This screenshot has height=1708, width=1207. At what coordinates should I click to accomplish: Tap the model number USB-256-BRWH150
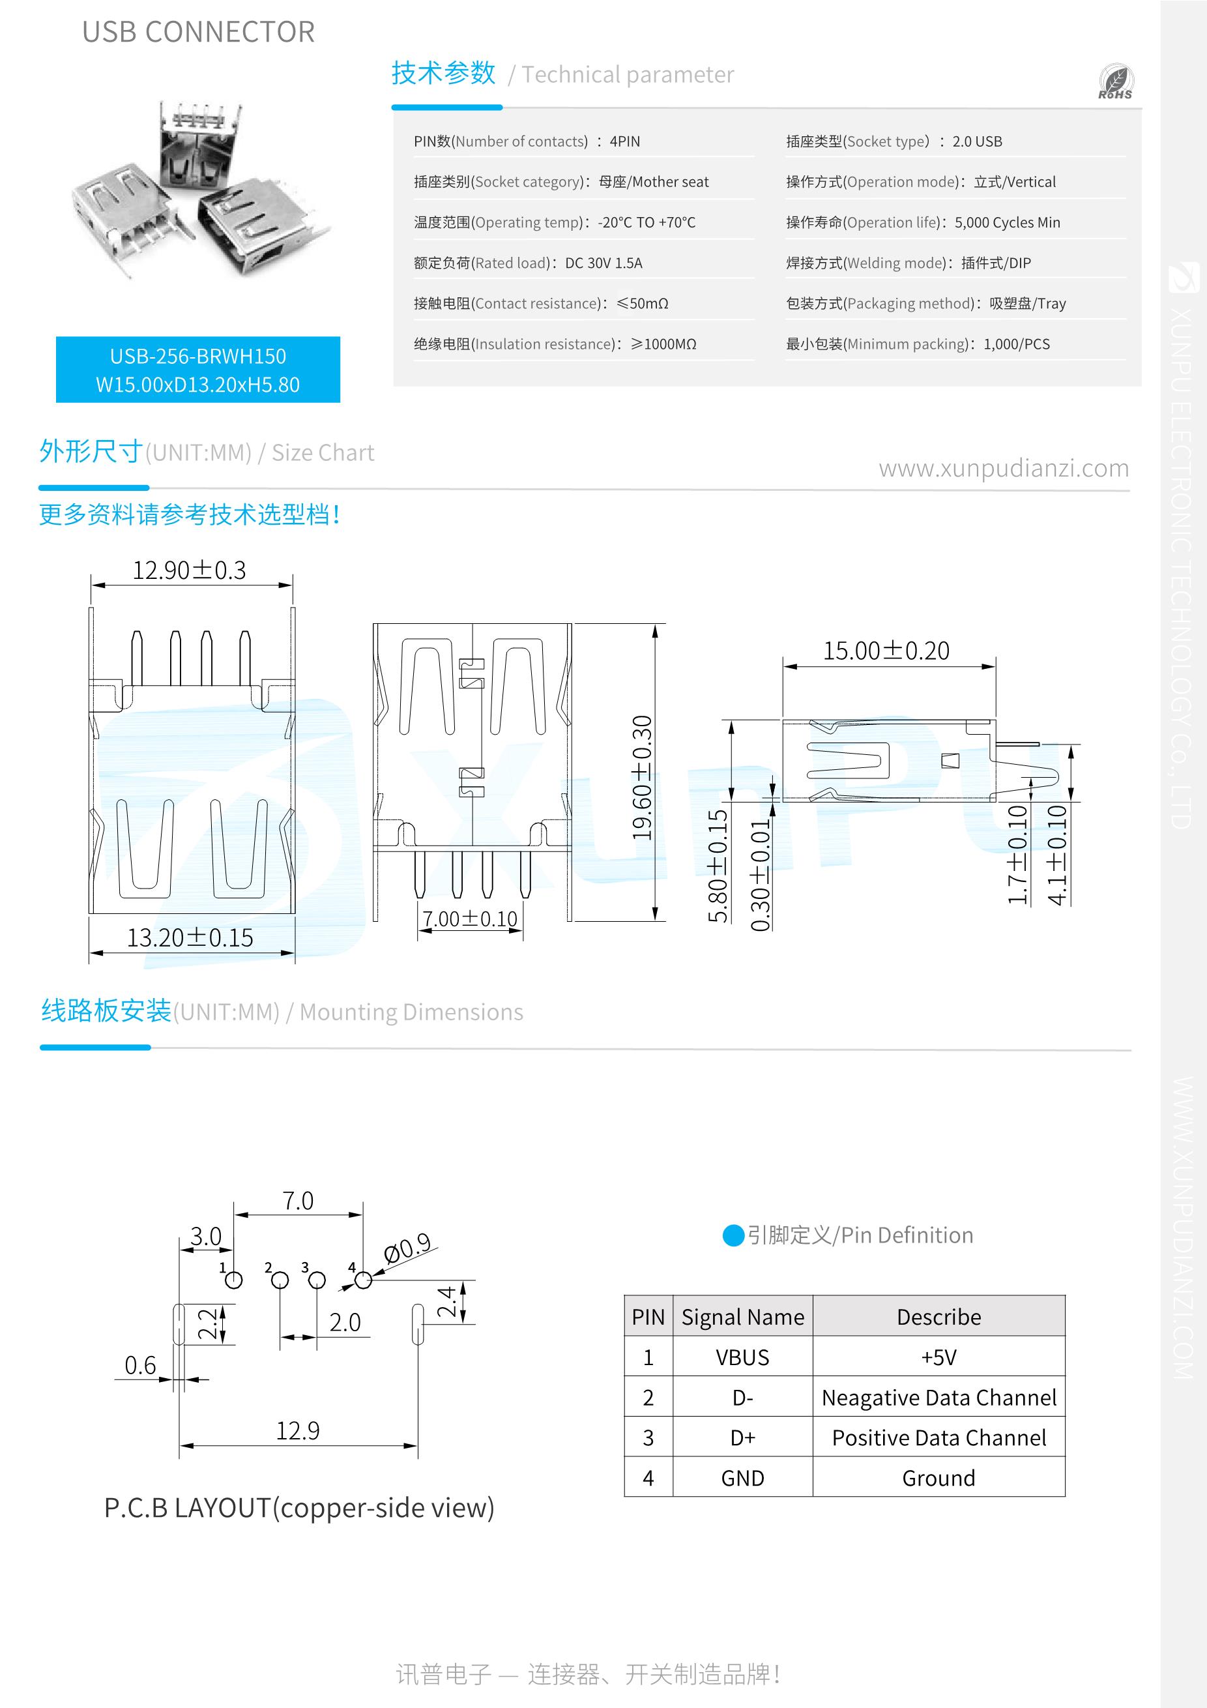(198, 357)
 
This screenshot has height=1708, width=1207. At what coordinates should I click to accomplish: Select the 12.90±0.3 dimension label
(189, 570)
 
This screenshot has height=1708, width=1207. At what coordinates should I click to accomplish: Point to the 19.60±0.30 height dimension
(642, 777)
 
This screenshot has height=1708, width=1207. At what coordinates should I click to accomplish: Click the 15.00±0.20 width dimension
(886, 651)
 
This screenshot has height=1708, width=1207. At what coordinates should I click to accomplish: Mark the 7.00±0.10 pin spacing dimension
(470, 919)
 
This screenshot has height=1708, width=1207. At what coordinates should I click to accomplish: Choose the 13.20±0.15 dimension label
(190, 938)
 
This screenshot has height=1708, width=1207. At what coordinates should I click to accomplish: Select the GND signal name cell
(742, 1478)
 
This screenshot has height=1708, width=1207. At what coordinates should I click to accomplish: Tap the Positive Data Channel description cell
(938, 1438)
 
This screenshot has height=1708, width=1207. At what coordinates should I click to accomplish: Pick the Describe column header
(938, 1317)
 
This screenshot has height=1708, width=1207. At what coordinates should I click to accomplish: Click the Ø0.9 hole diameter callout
(407, 1248)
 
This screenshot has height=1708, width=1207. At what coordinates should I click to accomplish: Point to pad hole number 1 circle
(233, 1280)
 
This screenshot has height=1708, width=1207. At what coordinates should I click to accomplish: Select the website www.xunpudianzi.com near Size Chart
(1003, 468)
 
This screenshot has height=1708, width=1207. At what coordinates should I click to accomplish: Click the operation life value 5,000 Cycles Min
(1007, 222)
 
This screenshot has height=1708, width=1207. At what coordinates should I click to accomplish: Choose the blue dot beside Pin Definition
(733, 1235)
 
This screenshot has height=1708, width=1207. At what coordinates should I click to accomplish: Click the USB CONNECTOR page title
(199, 32)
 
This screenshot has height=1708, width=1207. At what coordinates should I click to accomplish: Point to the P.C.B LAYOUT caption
(299, 1508)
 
